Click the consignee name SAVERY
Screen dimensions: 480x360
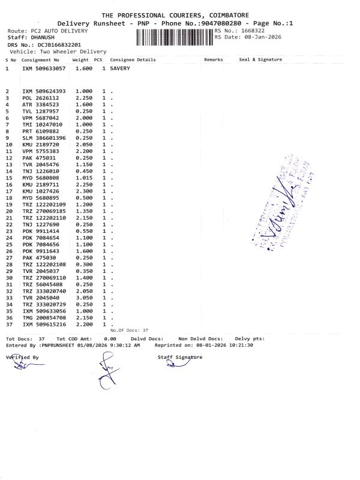pyautogui.click(x=120, y=68)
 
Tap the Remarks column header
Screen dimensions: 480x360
pyautogui.click(x=213, y=59)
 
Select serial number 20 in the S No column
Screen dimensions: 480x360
pyautogui.click(x=9, y=211)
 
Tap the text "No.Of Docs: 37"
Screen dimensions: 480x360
pyautogui.click(x=129, y=330)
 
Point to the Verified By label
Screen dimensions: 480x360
pyautogui.click(x=22, y=357)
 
